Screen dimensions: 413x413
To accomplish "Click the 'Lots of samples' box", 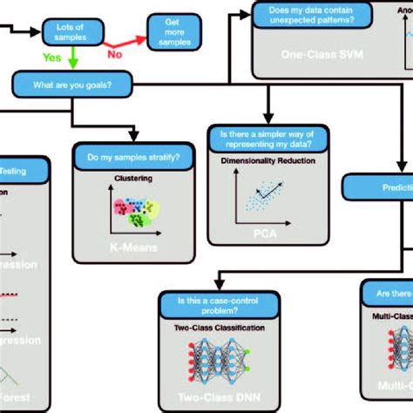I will pos(69,33).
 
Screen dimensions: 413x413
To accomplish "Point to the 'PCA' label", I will pos(261,235).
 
